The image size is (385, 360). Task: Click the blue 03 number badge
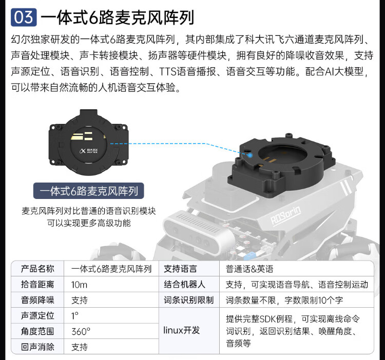(24, 17)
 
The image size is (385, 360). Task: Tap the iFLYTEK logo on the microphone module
(88, 151)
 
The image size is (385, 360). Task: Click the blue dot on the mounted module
(249, 155)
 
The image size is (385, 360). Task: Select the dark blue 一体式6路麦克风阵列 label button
(89, 191)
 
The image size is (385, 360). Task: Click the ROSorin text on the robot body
(285, 215)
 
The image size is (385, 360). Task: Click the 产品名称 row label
(37, 269)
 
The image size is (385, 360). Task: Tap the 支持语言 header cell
(180, 269)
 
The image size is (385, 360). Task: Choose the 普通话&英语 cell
(249, 269)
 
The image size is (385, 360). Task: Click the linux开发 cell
(181, 330)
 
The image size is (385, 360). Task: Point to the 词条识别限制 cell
(188, 300)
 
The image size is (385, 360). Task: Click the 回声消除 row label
(37, 347)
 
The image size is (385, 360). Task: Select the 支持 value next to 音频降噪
(79, 300)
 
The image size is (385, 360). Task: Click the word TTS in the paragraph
(168, 71)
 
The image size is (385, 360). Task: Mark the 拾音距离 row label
(37, 285)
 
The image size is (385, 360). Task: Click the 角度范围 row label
(37, 331)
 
